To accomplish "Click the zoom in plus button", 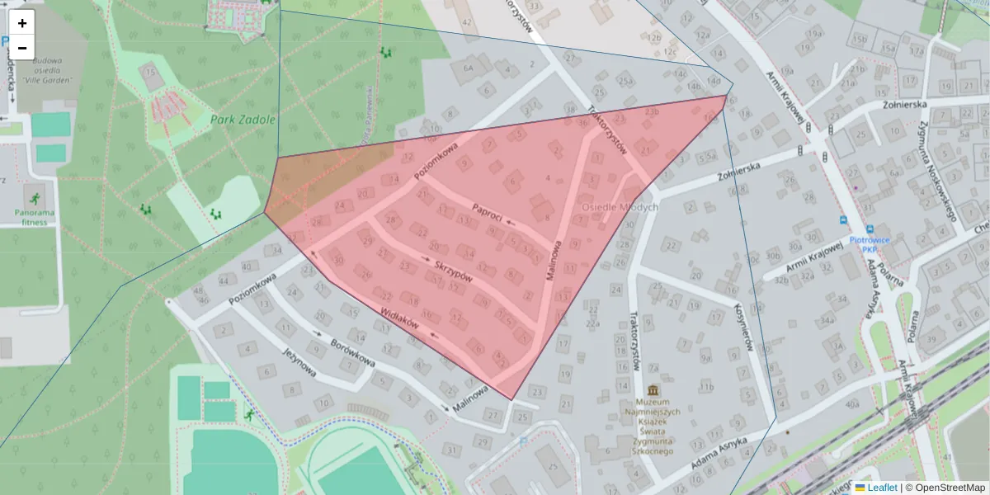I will tap(22, 23).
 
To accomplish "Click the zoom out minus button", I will tap(22, 48).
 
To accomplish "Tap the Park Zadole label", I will tap(242, 120).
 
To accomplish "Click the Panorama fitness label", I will tap(35, 216).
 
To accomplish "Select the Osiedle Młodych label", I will tap(620, 207).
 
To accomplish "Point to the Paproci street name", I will tap(488, 211).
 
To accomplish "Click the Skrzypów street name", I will tap(453, 271).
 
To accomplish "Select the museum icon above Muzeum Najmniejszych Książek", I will tap(654, 390).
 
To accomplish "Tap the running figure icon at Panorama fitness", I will tap(35, 198).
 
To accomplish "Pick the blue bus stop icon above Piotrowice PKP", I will tap(844, 219).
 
